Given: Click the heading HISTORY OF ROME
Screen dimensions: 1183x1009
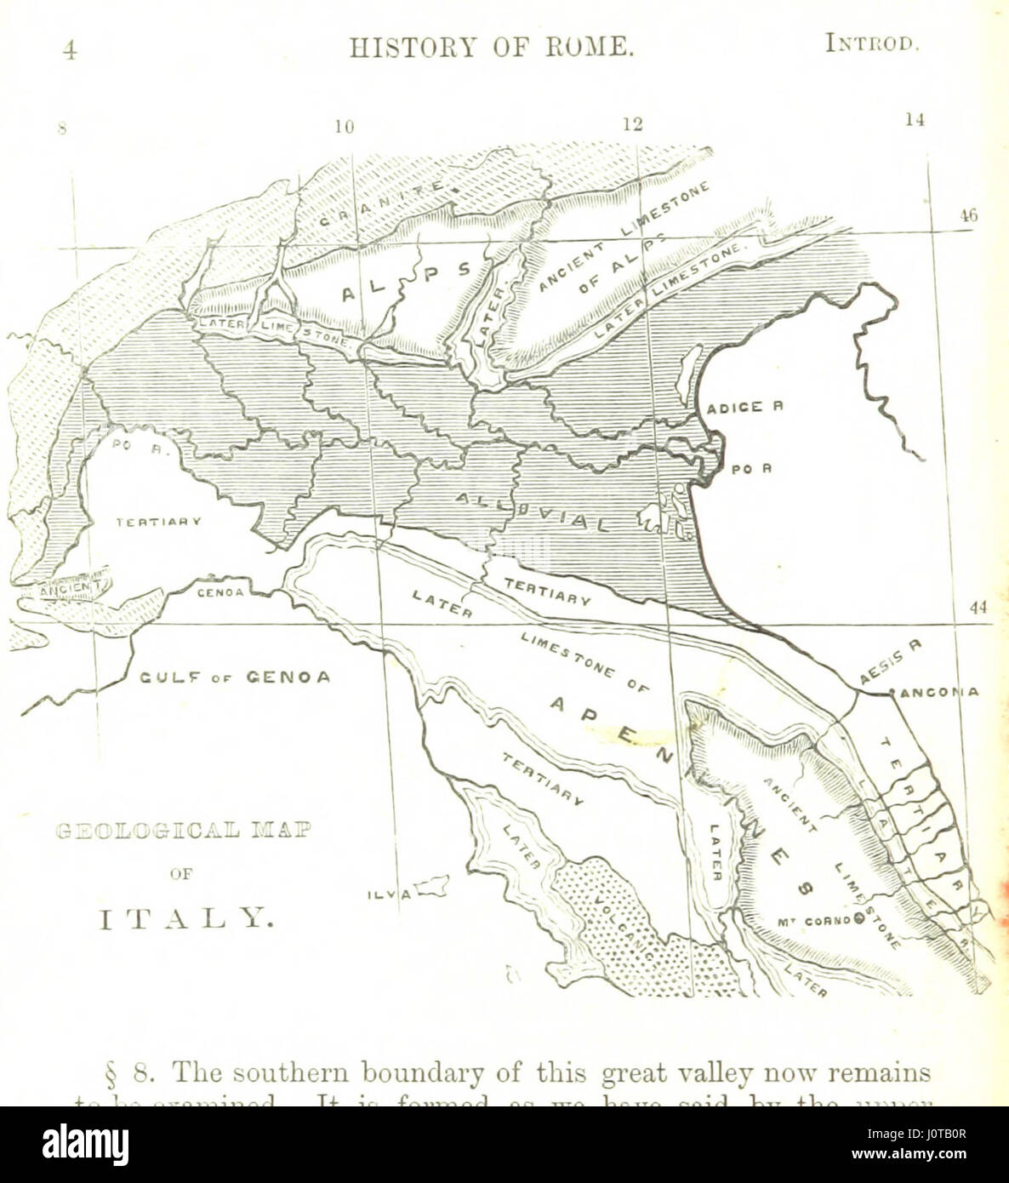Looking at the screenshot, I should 492,48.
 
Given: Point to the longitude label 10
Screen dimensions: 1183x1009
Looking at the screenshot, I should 344,128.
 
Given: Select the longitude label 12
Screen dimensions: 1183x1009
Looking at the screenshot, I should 632,124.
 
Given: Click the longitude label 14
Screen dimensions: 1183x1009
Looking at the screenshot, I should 914,120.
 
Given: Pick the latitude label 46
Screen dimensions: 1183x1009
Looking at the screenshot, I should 968,216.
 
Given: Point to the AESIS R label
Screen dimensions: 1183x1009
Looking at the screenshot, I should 890,660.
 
